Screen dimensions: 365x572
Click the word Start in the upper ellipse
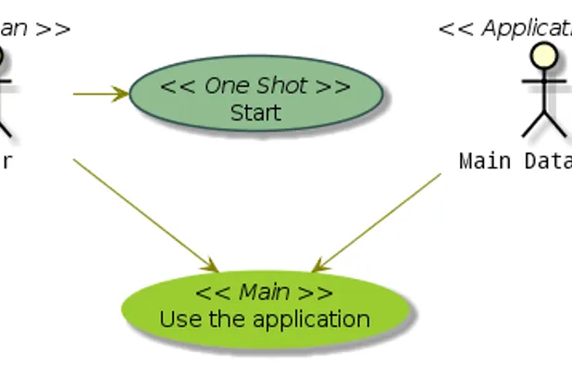255,113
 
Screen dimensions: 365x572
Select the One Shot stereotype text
255,86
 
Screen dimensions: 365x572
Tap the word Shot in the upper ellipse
282,86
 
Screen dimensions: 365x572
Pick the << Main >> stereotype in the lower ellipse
264,293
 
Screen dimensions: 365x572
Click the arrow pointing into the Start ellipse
97,93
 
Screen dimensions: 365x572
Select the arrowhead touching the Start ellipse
121,93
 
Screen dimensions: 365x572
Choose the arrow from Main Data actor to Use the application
379,222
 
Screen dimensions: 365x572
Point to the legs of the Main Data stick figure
542,126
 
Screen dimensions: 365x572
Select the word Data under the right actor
547,161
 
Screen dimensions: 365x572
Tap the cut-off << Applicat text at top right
505,29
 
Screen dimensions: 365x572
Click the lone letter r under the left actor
6,161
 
